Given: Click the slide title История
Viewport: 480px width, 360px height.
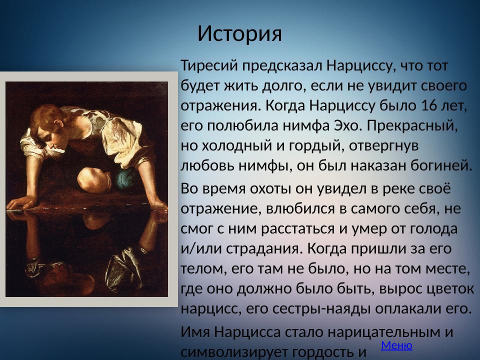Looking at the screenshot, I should click(239, 33).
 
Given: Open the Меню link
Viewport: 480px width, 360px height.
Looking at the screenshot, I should click(396, 345).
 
